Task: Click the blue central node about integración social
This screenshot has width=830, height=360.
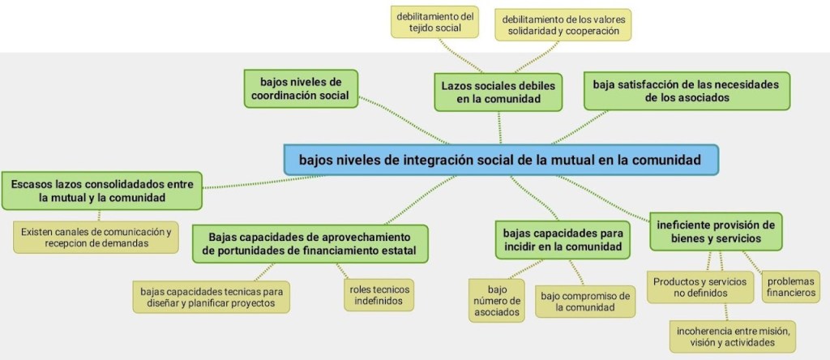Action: [501, 160]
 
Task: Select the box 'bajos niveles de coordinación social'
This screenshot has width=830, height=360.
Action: [301, 88]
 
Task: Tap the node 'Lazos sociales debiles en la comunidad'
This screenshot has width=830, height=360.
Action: [498, 92]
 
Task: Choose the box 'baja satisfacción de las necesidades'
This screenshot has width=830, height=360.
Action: [687, 91]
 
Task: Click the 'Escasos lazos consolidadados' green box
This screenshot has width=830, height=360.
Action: [102, 191]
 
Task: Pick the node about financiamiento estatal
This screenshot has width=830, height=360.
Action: [310, 243]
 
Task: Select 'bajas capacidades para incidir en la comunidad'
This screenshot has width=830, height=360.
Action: [563, 240]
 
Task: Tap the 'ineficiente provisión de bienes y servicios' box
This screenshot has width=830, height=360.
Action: [716, 231]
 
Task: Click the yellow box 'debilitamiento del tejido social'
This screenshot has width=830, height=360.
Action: [434, 22]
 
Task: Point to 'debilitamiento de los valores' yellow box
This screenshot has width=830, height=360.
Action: [563, 24]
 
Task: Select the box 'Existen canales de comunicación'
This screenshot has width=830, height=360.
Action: [96, 238]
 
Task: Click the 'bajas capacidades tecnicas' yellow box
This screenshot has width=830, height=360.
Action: [212, 297]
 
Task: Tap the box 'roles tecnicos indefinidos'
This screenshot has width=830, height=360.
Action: [379, 295]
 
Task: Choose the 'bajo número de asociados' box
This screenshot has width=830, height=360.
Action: [497, 301]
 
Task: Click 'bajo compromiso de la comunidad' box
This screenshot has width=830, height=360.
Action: [585, 302]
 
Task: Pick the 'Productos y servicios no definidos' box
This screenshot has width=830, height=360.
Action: [700, 287]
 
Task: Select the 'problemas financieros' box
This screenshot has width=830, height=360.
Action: [791, 286]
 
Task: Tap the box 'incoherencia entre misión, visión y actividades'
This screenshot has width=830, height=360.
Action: [733, 336]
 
